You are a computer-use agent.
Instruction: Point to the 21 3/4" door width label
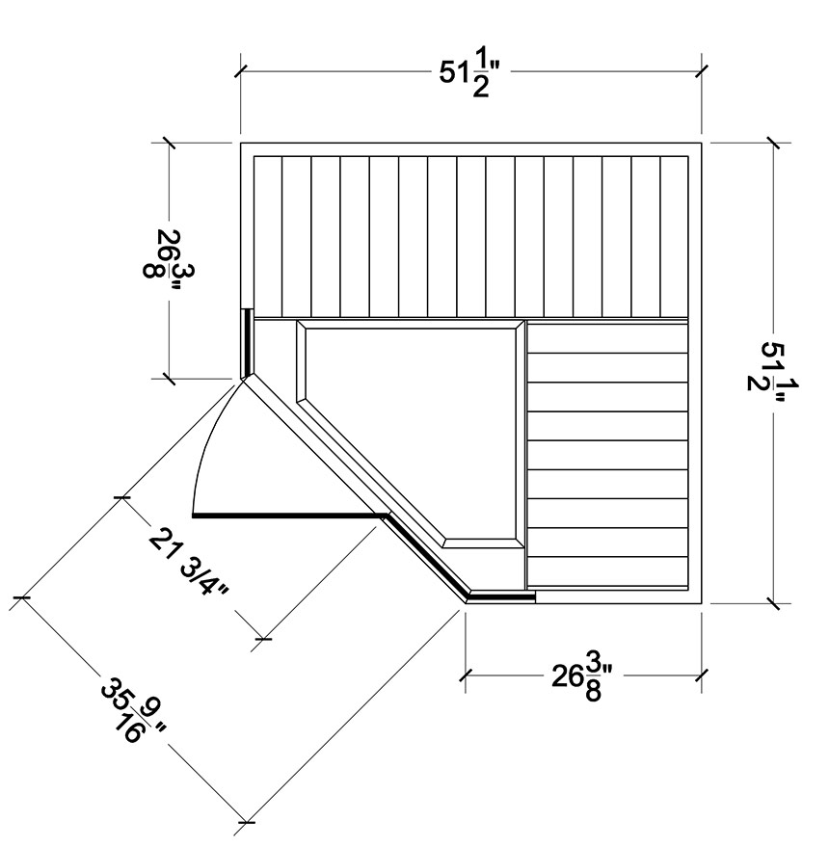pyautogui.click(x=189, y=562)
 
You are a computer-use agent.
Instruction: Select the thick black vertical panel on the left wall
pyautogui.click(x=247, y=343)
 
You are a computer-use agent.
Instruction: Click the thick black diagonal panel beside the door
pyautogui.click(x=425, y=556)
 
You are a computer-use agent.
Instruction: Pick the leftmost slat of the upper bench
pyautogui.click(x=268, y=237)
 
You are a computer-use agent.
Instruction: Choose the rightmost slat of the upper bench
pyautogui.click(x=675, y=237)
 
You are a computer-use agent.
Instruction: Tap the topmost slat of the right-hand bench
pyautogui.click(x=607, y=338)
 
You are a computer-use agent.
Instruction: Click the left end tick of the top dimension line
pyautogui.click(x=240, y=70)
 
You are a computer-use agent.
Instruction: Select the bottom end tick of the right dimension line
pyautogui.click(x=773, y=603)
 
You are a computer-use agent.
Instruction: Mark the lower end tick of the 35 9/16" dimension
pyautogui.click(x=246, y=822)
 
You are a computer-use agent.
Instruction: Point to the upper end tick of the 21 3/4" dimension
pyautogui.click(x=122, y=496)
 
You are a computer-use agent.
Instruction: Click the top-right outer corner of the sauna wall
pyautogui.click(x=701, y=144)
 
